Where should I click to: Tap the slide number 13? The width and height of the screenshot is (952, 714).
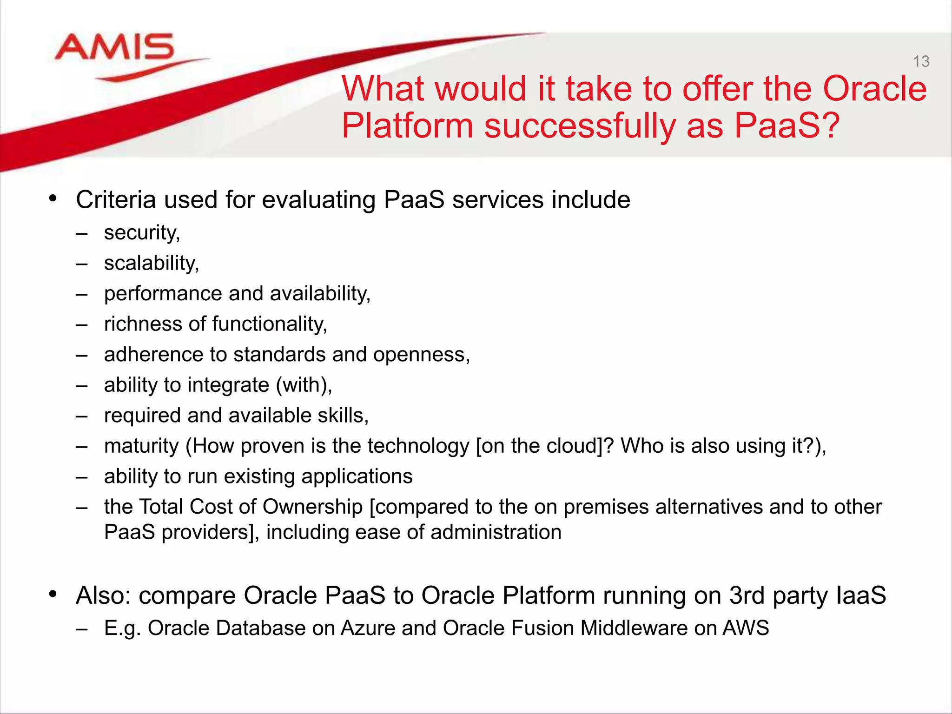pos(921,61)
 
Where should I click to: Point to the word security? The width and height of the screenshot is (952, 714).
pos(142,232)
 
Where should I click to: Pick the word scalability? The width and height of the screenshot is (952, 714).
pos(152,263)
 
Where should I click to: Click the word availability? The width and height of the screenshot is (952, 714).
pos(320,294)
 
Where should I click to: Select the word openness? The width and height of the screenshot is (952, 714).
pos(422,355)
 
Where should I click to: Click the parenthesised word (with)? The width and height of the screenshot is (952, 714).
pos(304,385)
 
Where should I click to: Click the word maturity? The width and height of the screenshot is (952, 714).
pos(141,446)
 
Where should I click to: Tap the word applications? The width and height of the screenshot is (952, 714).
pos(357,476)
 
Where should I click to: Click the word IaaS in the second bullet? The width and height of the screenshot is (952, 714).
pos(861,595)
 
